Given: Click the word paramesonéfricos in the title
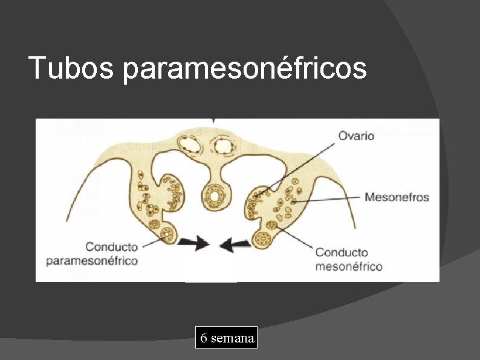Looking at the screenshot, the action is click(x=244, y=69).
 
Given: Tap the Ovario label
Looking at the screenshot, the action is click(x=355, y=135).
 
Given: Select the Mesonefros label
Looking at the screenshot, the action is click(x=397, y=197).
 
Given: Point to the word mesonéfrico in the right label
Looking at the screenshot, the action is click(x=348, y=266).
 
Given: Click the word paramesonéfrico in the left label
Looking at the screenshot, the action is click(x=92, y=261).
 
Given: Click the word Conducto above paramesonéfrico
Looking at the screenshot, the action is click(x=112, y=247).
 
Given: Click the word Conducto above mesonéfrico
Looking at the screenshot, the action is click(x=342, y=252).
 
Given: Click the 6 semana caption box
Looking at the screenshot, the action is click(x=225, y=338).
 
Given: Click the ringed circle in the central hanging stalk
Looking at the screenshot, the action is click(x=213, y=195).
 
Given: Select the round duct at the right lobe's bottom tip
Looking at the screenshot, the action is click(x=263, y=237).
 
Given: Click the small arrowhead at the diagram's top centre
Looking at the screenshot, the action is click(x=212, y=121).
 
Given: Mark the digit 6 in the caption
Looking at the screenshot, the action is click(x=204, y=338).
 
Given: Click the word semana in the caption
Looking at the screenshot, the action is click(x=232, y=338).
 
